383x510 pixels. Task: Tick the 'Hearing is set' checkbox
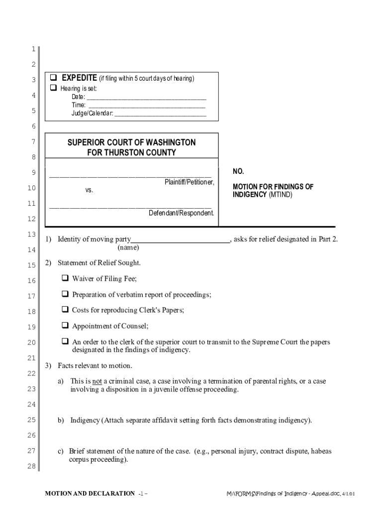tap(54, 88)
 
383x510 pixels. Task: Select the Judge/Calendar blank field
tap(160, 114)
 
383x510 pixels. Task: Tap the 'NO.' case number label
tap(238, 171)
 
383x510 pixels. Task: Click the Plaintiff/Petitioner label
tap(189, 182)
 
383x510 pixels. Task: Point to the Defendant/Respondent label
tap(181, 213)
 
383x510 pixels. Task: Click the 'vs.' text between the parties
tap(89, 190)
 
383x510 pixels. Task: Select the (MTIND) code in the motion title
tap(281, 195)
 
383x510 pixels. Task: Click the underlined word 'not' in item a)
tap(97, 381)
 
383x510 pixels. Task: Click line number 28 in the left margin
tap(31, 466)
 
